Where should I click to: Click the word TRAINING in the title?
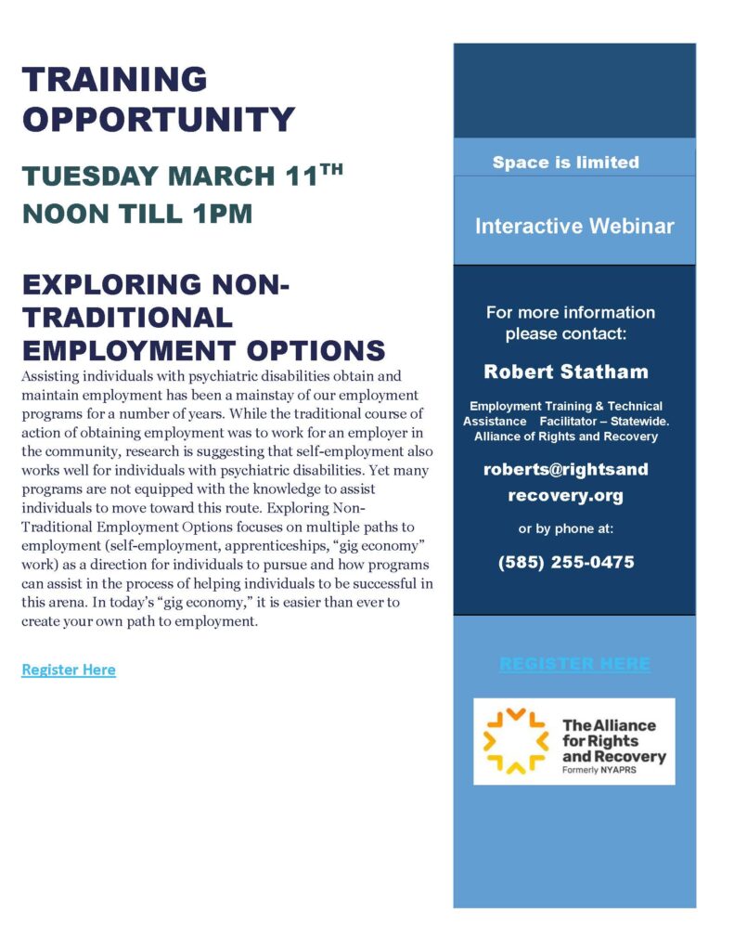[115, 80]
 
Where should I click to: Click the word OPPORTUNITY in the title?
[159, 119]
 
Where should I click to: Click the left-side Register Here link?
[69, 670]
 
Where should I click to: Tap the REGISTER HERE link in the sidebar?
[574, 664]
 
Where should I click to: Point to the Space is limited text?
[565, 163]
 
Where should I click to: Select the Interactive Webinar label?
[574, 226]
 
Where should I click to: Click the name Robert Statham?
[565, 372]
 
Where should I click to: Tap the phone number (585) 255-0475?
[566, 562]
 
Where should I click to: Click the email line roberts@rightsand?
[565, 469]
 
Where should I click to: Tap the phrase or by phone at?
[566, 529]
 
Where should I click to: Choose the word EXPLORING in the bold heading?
[112, 284]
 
